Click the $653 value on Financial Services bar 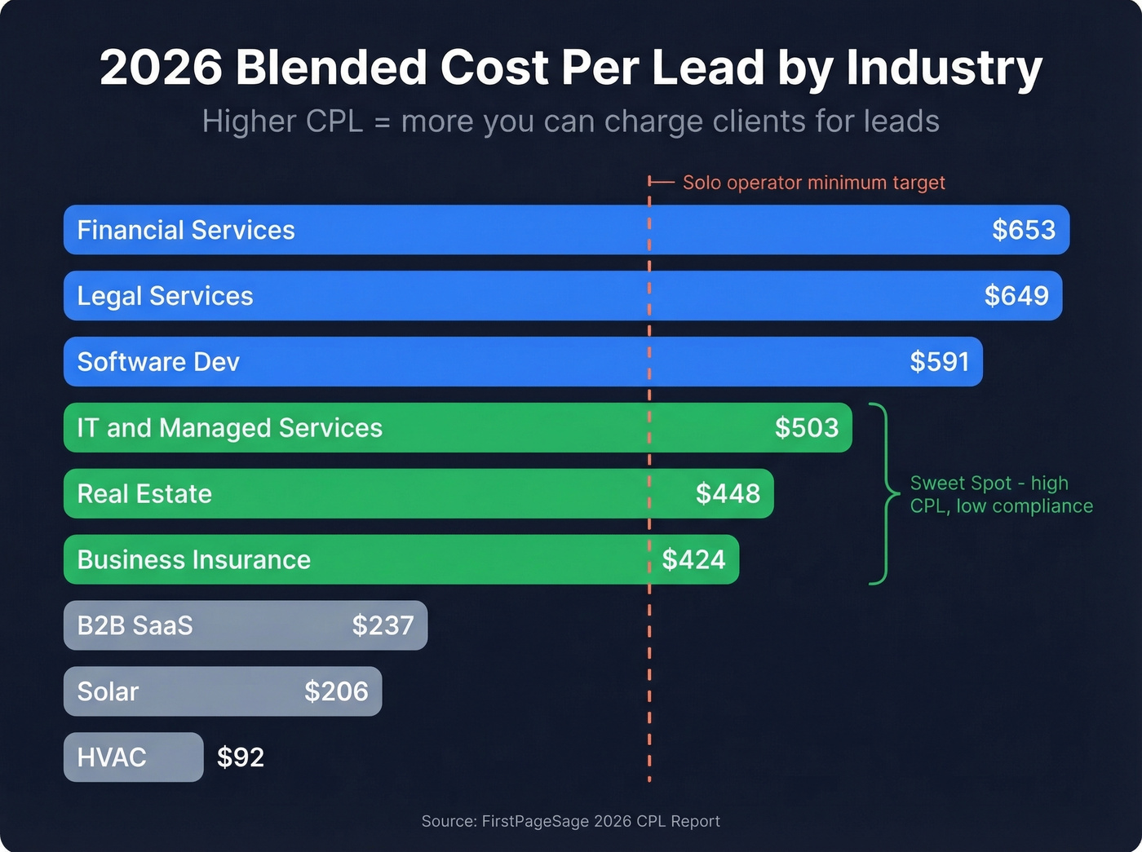[x=1024, y=230]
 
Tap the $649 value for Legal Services [x=1016, y=296]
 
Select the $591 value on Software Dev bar [x=940, y=362]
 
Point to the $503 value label [x=807, y=428]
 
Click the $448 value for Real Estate [x=728, y=494]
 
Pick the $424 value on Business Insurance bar [x=693, y=560]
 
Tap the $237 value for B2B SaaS [x=383, y=626]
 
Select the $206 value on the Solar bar [x=336, y=692]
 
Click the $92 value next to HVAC [x=241, y=757]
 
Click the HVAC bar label [x=112, y=757]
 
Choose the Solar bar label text [x=108, y=692]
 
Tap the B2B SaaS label [x=135, y=626]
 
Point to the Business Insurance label [x=193, y=560]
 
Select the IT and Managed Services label [x=229, y=428]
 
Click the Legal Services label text [x=165, y=296]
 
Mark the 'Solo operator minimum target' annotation [x=813, y=183]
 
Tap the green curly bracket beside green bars [x=884, y=494]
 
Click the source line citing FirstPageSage [x=570, y=821]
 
